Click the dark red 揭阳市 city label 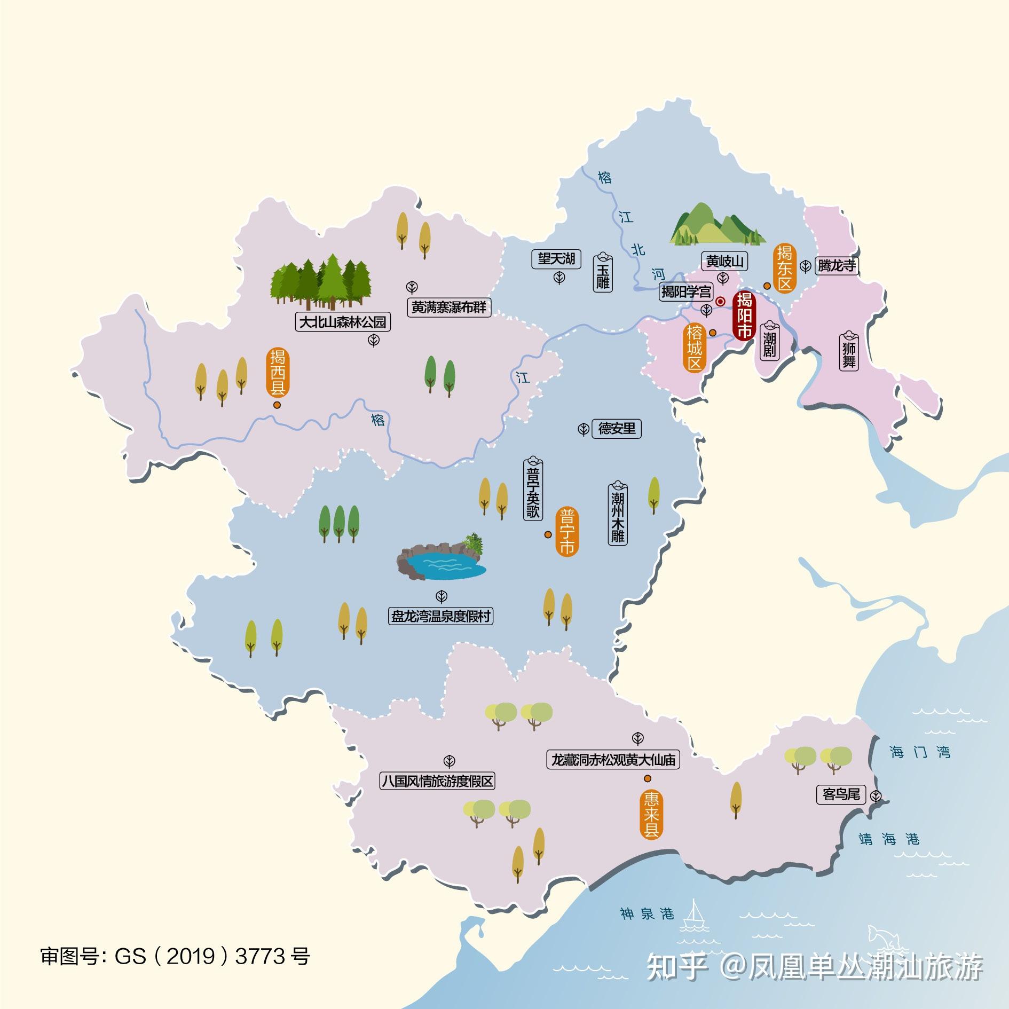pyautogui.click(x=744, y=316)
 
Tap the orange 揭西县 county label pyautogui.click(x=278, y=372)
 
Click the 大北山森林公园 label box pyautogui.click(x=343, y=322)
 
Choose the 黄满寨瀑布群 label pyautogui.click(x=449, y=308)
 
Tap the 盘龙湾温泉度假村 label pyautogui.click(x=440, y=617)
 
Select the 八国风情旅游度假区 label pyautogui.click(x=437, y=782)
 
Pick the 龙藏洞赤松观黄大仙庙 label pyautogui.click(x=612, y=760)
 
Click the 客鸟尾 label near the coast pyautogui.click(x=841, y=794)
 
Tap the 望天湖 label pyautogui.click(x=556, y=259)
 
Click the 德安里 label pyautogui.click(x=617, y=428)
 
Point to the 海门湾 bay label pyautogui.click(x=920, y=752)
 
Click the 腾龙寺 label pyautogui.click(x=837, y=265)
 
